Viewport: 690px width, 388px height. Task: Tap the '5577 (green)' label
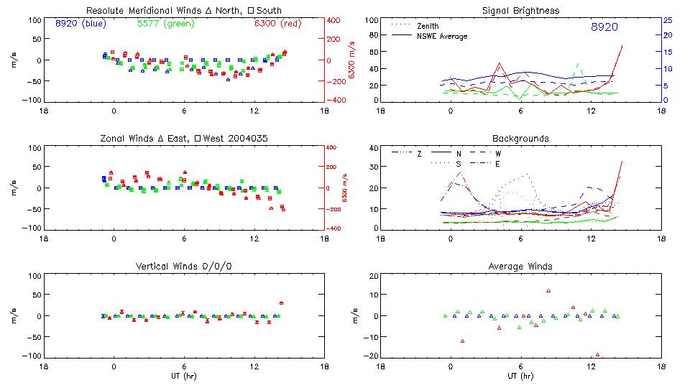(161, 23)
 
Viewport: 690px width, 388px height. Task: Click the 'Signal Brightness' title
(520, 10)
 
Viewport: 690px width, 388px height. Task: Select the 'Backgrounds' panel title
(520, 138)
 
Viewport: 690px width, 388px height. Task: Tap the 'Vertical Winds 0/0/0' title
(183, 266)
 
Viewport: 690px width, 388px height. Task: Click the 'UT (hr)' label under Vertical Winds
(183, 376)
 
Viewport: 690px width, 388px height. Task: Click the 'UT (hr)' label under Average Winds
(520, 376)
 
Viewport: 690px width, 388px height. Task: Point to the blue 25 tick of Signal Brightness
(667, 20)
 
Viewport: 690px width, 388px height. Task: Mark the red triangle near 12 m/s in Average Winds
(548, 291)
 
